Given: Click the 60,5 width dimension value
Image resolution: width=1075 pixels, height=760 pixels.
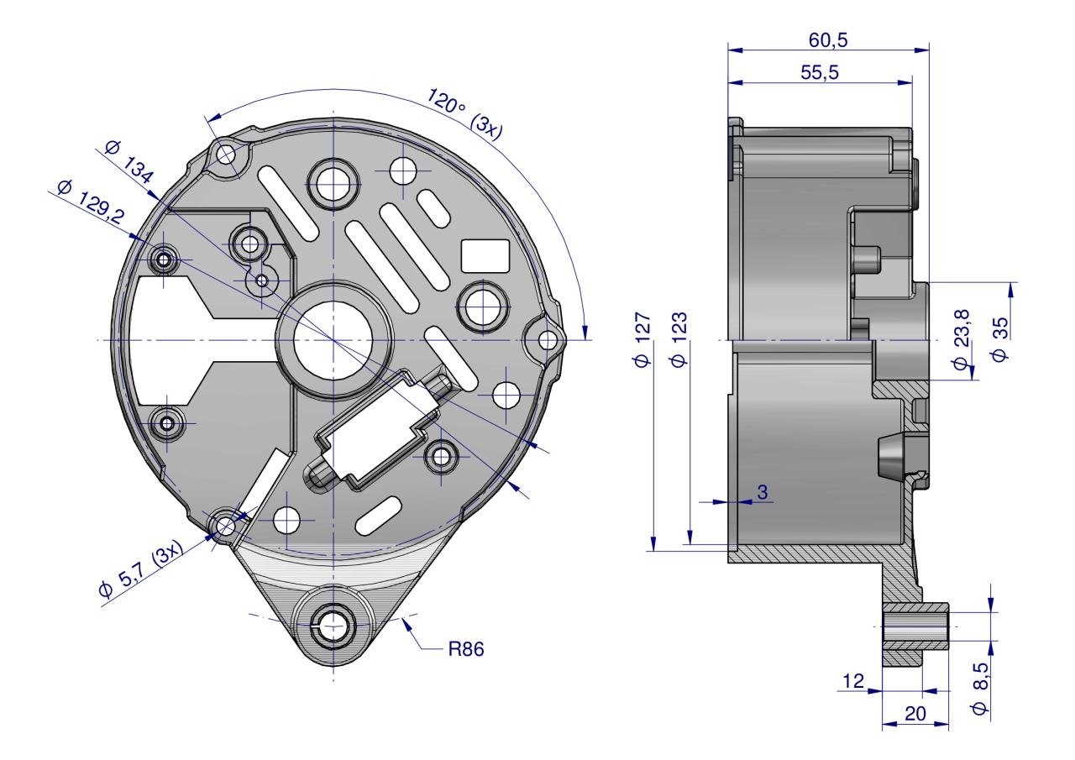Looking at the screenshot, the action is tap(828, 39).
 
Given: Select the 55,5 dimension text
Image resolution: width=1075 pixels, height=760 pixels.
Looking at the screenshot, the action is tap(820, 72).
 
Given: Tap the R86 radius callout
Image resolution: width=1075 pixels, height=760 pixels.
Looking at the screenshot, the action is tap(466, 649).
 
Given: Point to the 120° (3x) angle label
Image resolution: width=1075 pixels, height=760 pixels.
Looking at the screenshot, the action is tap(464, 114).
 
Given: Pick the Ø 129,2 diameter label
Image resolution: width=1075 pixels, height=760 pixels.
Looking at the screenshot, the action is tap(91, 201).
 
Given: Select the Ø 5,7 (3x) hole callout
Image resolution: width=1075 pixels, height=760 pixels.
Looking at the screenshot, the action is tap(141, 569).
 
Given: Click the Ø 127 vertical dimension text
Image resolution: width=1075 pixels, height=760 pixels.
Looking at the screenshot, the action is tap(642, 340).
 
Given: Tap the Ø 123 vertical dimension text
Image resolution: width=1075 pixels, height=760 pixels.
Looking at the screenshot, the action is tap(679, 340).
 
